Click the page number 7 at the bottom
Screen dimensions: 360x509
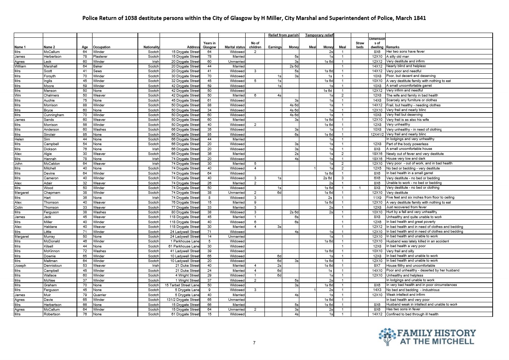click(x=254, y=343)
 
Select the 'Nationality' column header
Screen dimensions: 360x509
click(x=151, y=47)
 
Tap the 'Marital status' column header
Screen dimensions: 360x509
click(x=235, y=47)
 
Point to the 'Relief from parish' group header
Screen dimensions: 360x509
click(x=283, y=35)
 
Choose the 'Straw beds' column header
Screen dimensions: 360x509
click(x=360, y=45)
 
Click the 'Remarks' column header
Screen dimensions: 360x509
click(x=393, y=47)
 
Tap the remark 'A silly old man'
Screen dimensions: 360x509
click(x=398, y=57)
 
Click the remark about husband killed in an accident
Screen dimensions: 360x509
click(x=417, y=241)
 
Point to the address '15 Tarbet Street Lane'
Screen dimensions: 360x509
click(x=182, y=285)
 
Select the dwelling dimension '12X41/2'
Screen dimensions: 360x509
click(x=377, y=134)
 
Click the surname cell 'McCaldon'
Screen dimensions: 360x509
click(x=52, y=163)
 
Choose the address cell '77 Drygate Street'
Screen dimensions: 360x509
click(x=185, y=207)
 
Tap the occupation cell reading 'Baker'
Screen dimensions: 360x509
click(x=98, y=66)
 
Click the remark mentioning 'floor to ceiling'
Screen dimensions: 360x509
click(x=420, y=197)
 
